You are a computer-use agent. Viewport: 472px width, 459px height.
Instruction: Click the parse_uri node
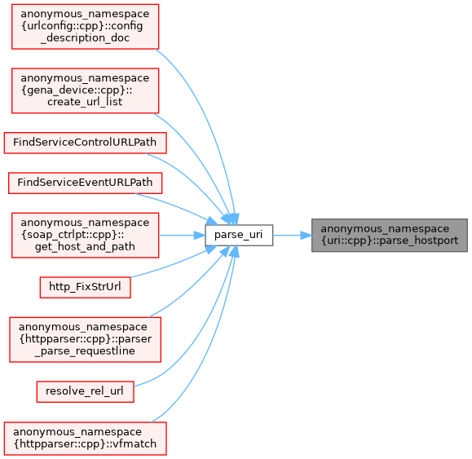pos(239,235)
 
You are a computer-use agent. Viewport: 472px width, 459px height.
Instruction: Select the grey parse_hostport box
pos(389,235)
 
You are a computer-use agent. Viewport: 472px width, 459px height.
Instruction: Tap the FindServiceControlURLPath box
pos(86,143)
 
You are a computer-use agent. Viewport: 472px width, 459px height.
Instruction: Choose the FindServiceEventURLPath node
pos(86,183)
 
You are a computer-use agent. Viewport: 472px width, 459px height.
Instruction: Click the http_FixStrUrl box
pos(86,288)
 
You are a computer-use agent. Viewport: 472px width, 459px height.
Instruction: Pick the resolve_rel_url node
pos(86,391)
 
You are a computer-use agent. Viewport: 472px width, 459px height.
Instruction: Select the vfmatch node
pos(86,439)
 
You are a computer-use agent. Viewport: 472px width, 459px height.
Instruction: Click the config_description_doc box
pos(86,26)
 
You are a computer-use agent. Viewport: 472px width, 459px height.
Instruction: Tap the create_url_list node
pos(86,90)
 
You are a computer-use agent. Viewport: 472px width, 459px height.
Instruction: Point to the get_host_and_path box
pos(86,235)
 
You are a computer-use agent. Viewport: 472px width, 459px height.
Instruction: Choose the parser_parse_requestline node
pos(86,339)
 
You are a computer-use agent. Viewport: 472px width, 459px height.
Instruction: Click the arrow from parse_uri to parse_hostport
pos(293,235)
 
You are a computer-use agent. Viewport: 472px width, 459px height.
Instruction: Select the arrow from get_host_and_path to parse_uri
pos(182,235)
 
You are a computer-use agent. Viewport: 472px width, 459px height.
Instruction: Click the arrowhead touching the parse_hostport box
pos(306,235)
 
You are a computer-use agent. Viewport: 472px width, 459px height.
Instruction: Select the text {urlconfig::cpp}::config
pos(82,26)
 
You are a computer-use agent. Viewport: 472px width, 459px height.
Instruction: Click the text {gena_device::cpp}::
pos(77,90)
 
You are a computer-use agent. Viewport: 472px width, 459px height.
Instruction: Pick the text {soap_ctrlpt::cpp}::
pos(73,235)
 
